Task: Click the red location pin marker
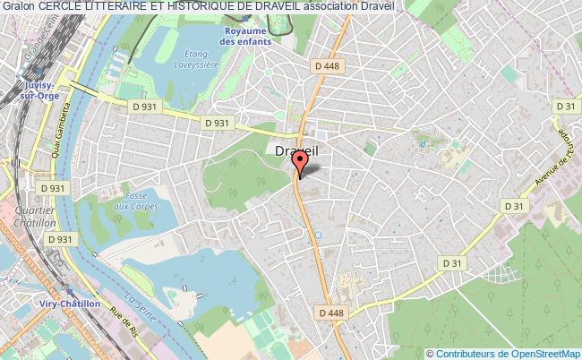point(300,161)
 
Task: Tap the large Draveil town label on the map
point(296,153)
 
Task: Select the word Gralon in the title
point(20,7)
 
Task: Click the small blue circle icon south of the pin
point(318,236)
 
